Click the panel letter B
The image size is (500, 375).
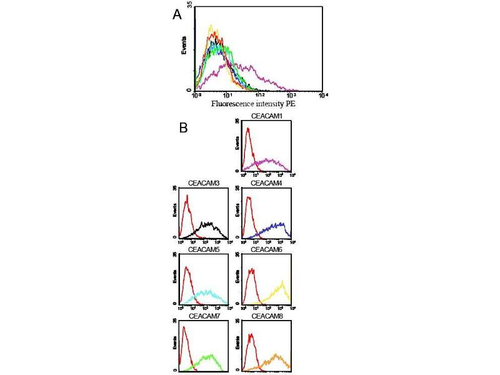tap(183, 127)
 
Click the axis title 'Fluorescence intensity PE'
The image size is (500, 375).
tap(253, 104)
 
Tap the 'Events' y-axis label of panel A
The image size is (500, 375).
tap(184, 48)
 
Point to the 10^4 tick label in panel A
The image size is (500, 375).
tap(323, 95)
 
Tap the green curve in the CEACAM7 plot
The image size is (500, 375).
tap(211, 356)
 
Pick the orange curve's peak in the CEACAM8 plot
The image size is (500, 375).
tap(276, 354)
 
